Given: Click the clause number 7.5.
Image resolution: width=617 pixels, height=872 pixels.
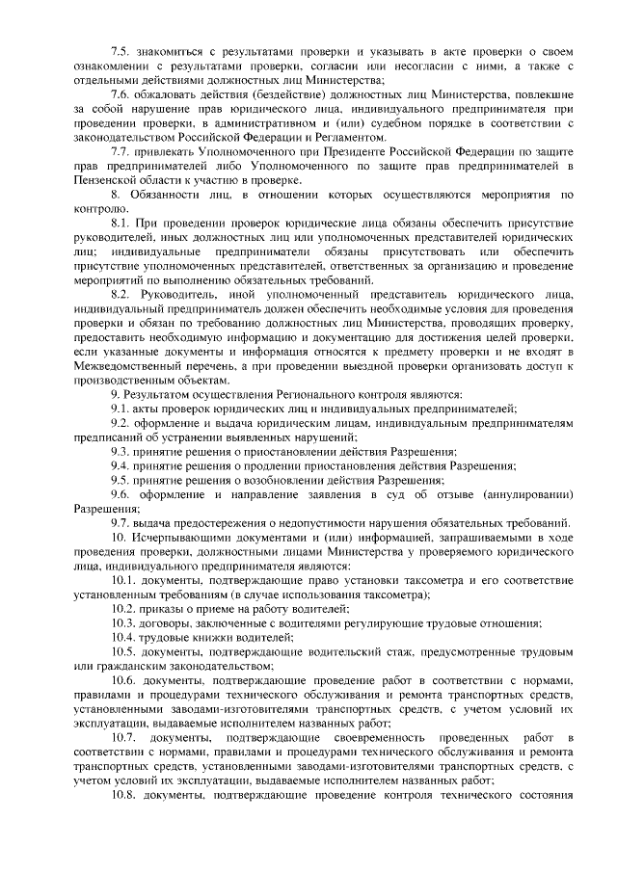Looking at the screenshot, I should coord(122,50).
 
